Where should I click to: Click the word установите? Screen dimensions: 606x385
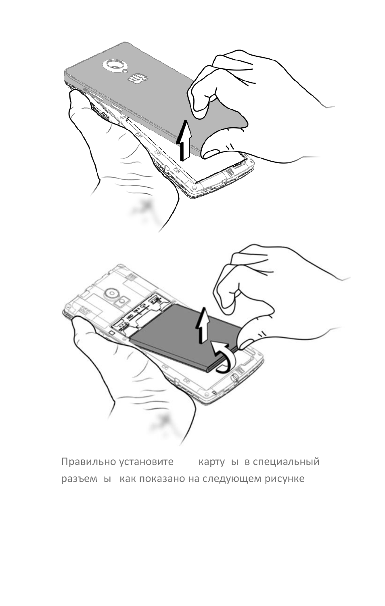[x=146, y=462]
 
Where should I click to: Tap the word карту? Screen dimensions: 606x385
[x=211, y=462]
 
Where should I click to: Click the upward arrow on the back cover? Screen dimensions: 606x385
[x=184, y=139]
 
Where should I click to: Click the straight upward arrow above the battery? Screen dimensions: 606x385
[x=203, y=325]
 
